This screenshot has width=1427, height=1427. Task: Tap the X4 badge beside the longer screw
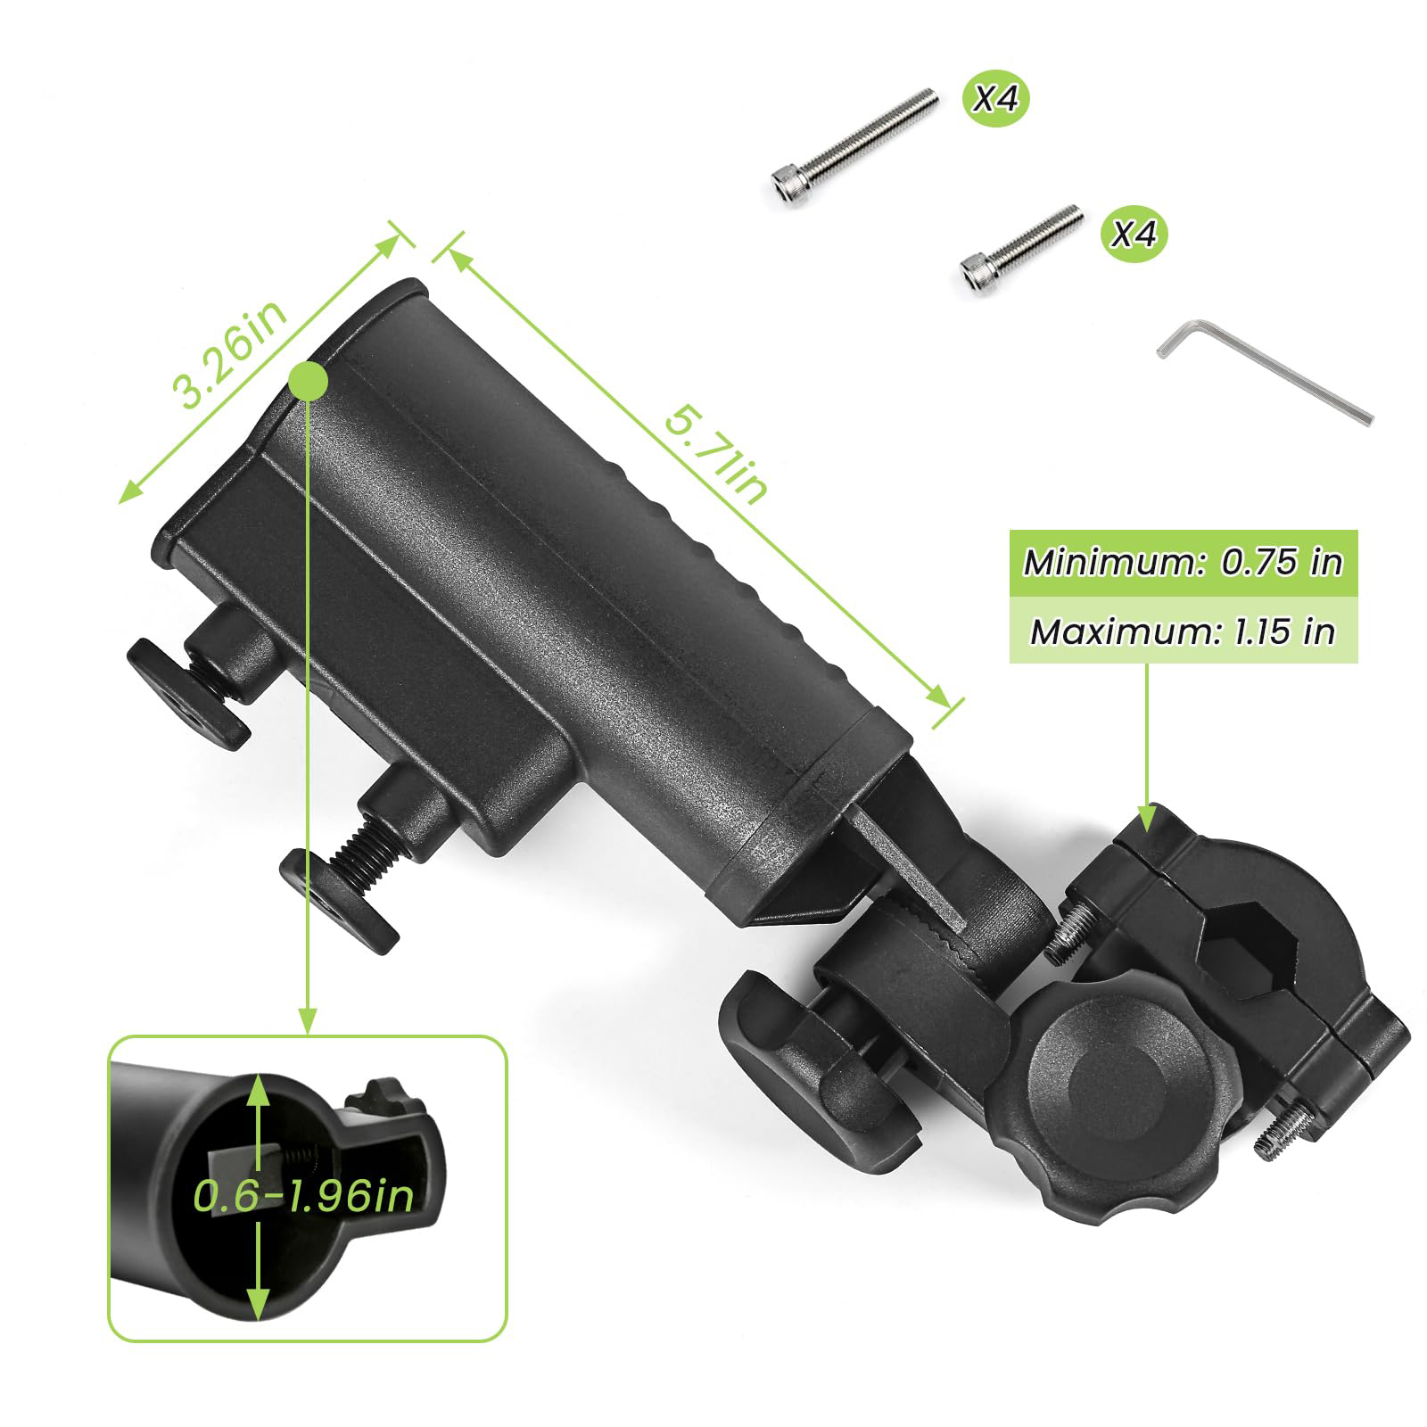[x=994, y=99]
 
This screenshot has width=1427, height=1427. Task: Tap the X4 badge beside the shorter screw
[x=1134, y=235]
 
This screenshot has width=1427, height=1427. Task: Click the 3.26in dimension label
[x=230, y=353]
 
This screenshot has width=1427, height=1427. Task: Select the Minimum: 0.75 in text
[x=1183, y=562]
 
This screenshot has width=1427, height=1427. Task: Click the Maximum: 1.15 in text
[x=1183, y=631]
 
